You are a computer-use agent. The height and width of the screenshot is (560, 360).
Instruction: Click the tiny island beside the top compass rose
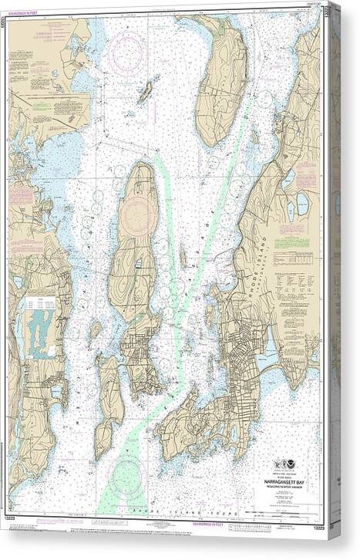coord(144,93)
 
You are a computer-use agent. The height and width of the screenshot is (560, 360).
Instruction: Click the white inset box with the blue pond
coord(40,327)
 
